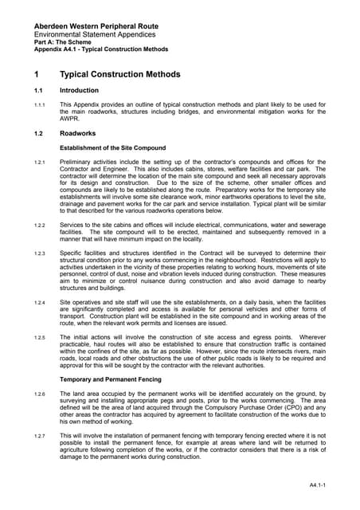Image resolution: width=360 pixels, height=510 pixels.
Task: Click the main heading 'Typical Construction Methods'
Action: pos(120,75)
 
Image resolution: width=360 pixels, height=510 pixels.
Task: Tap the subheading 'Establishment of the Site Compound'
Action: pos(113,148)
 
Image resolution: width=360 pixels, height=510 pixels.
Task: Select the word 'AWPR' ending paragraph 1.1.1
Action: pos(72,119)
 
